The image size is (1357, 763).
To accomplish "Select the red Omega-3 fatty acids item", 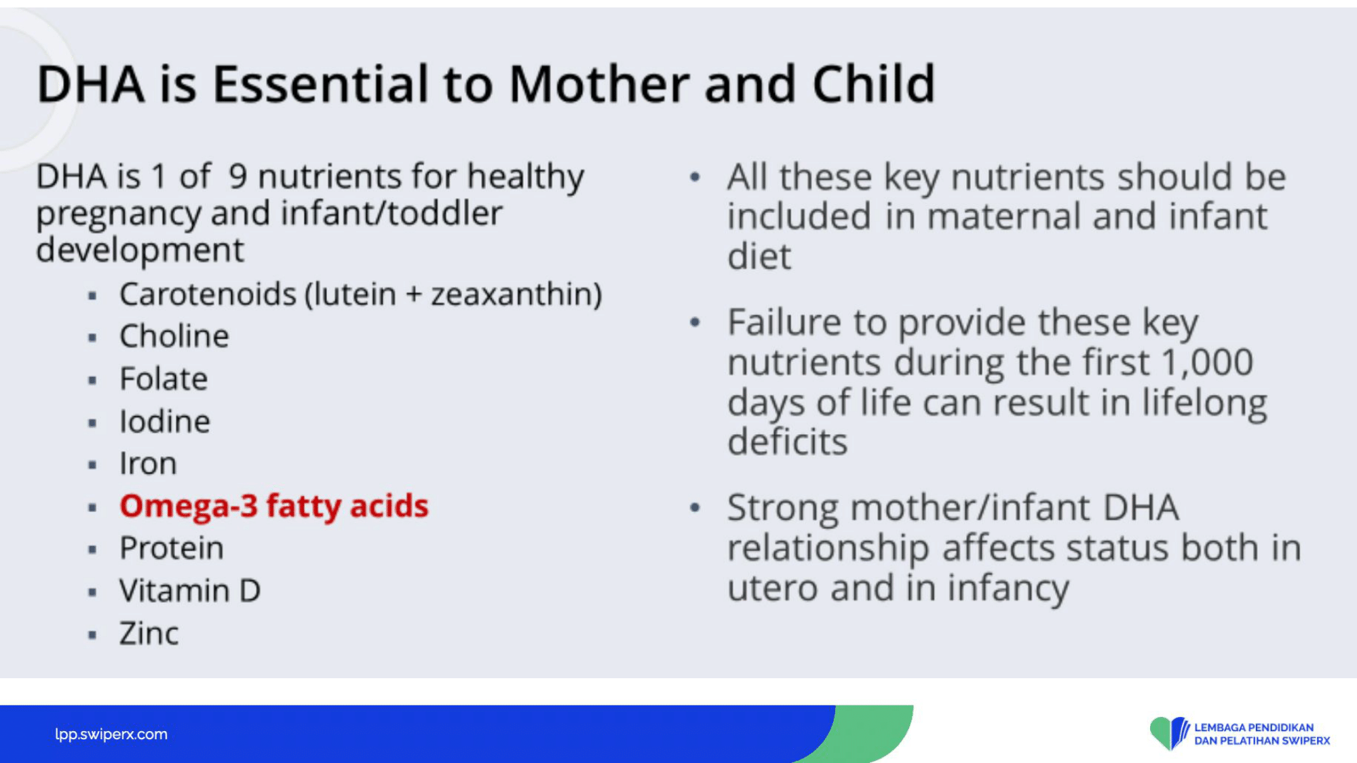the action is click(x=274, y=507).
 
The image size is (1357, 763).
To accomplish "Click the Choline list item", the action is click(x=174, y=336).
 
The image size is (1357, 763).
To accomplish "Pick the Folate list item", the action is click(x=164, y=378).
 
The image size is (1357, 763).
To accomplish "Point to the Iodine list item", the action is click(x=165, y=421).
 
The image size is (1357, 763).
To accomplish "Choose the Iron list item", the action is click(x=148, y=464).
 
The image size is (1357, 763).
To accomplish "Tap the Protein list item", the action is click(x=172, y=548).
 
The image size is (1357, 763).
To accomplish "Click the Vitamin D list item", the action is click(x=190, y=591).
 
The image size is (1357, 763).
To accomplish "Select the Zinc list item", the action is click(x=149, y=633).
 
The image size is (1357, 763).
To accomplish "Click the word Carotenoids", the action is click(x=208, y=294).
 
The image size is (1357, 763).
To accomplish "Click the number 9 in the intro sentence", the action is click(x=237, y=176).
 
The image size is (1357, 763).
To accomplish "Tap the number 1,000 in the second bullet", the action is click(x=1207, y=362).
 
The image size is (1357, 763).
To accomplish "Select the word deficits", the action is click(x=788, y=442).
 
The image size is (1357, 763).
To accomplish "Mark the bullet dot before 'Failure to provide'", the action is click(x=694, y=323).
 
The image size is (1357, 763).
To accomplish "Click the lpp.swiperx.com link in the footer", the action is click(x=111, y=734).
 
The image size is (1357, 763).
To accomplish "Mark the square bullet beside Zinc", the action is click(x=92, y=635).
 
